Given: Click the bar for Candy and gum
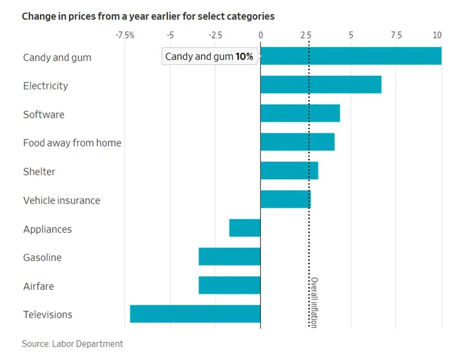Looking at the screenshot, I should click(x=350, y=57).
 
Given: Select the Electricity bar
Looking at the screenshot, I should click(x=321, y=85).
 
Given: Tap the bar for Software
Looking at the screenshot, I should click(x=300, y=114).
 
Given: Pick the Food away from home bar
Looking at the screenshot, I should click(x=298, y=142).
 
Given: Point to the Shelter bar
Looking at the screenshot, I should click(x=289, y=171).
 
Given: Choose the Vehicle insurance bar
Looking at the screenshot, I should click(x=285, y=199).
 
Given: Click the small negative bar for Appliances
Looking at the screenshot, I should click(x=245, y=228).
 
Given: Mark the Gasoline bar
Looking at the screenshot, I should click(x=230, y=256).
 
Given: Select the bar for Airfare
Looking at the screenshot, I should click(x=230, y=285).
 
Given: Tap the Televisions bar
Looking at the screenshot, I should click(x=195, y=314).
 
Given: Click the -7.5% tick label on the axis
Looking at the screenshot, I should click(x=125, y=35).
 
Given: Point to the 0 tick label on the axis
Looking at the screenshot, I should click(x=260, y=35).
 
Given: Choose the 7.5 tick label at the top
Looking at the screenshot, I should click(x=396, y=35).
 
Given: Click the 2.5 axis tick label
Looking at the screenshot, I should click(x=306, y=35).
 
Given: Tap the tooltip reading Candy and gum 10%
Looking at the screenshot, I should click(x=209, y=57).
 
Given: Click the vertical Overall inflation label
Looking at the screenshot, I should click(x=314, y=302).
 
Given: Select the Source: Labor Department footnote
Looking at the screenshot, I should click(x=72, y=344).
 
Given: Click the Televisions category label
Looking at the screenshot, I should click(x=48, y=314).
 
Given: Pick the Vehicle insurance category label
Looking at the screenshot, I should click(x=62, y=200).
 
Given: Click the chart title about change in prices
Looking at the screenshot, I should click(x=148, y=15).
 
